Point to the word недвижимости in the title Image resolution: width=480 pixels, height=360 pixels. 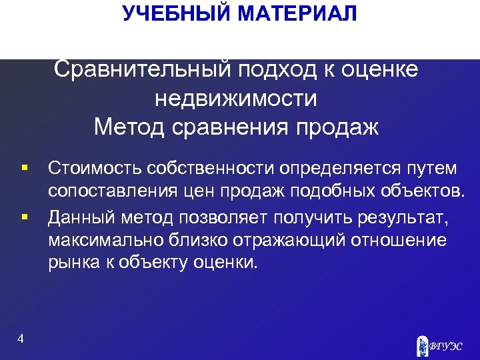pos(236,98)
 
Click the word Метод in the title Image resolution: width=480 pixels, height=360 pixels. pos(128,126)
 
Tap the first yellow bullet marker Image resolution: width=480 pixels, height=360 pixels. pos(25,165)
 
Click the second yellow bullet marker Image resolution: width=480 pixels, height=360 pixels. pos(25,216)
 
